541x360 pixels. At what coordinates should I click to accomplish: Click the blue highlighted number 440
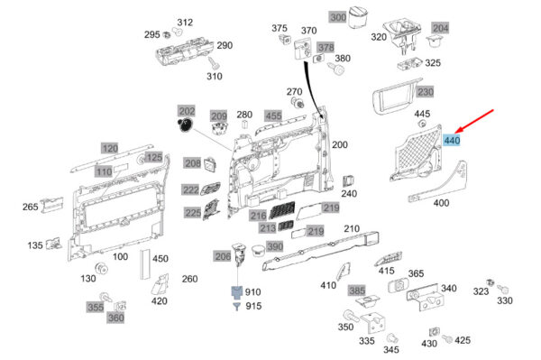tap(452, 140)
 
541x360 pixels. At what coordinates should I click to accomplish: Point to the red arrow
tap(474, 122)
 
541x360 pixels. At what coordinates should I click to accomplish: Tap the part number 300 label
tap(338, 17)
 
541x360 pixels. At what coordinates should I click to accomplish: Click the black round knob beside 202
tap(185, 125)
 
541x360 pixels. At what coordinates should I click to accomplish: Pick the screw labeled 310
tap(214, 64)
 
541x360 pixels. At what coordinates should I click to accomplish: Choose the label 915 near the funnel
tap(253, 306)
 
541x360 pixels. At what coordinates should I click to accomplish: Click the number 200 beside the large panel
tap(340, 145)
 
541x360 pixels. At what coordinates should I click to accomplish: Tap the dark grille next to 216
tap(282, 209)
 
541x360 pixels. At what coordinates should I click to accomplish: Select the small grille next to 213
tap(285, 226)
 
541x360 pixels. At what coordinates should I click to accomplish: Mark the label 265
tap(31, 207)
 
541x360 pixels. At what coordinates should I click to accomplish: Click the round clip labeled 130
tap(101, 269)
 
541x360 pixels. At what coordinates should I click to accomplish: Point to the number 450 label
tap(160, 259)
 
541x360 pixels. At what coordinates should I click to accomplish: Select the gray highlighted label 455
tap(273, 115)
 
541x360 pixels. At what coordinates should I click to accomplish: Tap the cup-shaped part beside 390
tap(259, 251)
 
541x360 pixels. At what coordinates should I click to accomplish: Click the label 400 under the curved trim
tap(441, 203)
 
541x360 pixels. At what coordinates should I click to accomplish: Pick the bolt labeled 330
tap(502, 289)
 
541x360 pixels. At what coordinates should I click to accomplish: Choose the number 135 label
tap(35, 245)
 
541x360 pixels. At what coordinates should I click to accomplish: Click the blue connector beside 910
tap(236, 292)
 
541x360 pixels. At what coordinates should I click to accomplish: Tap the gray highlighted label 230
tap(426, 92)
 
